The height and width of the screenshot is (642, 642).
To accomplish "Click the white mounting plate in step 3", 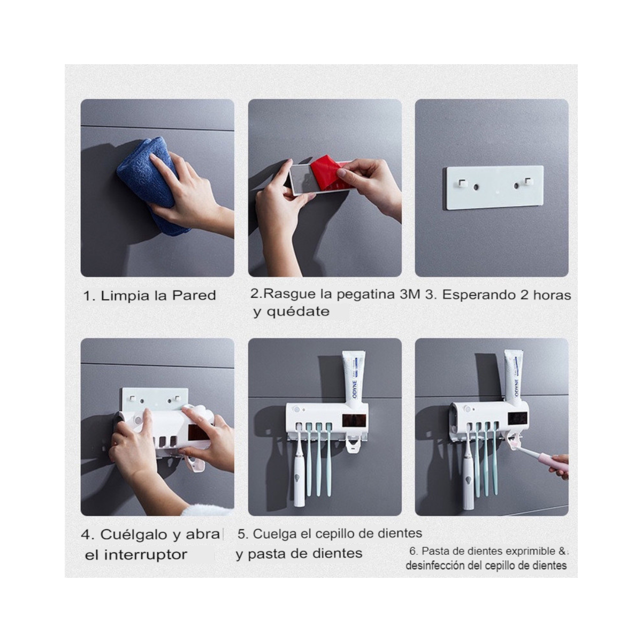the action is (495, 188).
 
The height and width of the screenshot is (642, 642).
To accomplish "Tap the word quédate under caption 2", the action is (298, 312).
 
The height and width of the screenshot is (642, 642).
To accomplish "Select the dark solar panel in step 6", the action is (518, 419).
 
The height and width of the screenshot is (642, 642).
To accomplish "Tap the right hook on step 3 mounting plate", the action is (528, 182).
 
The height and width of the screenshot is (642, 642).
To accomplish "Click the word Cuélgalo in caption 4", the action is (133, 535).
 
